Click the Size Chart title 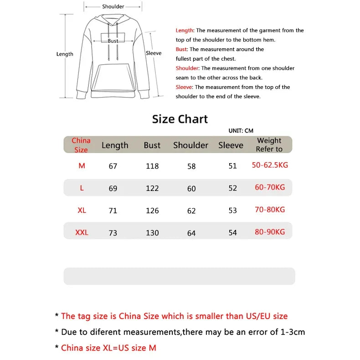click(180, 119)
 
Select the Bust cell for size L click(152, 188)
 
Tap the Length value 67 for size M click(113, 166)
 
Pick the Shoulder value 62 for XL click(191, 211)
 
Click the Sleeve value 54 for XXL click(233, 233)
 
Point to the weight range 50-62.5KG click(270, 165)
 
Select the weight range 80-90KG click(270, 232)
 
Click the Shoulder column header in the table click(190, 145)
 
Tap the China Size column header click(81, 145)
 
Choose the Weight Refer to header click(269, 145)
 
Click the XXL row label click(82, 233)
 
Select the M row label click(82, 166)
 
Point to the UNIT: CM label click(241, 131)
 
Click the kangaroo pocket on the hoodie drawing click(113, 76)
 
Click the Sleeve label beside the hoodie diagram click(154, 53)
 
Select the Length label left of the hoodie click(65, 54)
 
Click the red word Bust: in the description click(182, 49)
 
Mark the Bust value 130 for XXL click(152, 233)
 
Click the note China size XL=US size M click(108, 348)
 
